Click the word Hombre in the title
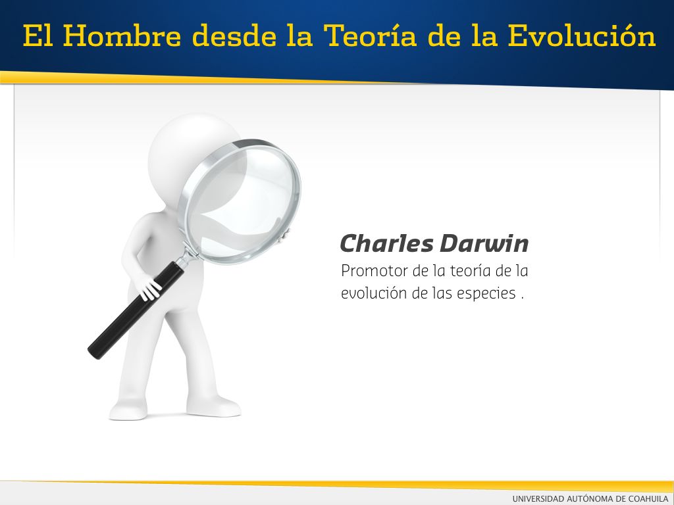click(x=122, y=36)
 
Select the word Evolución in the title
click(x=582, y=36)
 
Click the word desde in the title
click(x=234, y=36)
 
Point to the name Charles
click(x=386, y=243)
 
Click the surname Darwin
click(x=484, y=243)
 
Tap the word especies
click(x=486, y=294)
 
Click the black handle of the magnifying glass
click(x=136, y=310)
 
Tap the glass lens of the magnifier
click(x=242, y=201)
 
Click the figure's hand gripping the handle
click(x=147, y=289)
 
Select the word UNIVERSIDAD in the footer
click(x=538, y=498)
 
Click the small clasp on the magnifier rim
click(x=284, y=235)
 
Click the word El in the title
click(x=38, y=36)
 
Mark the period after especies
click(x=522, y=299)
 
